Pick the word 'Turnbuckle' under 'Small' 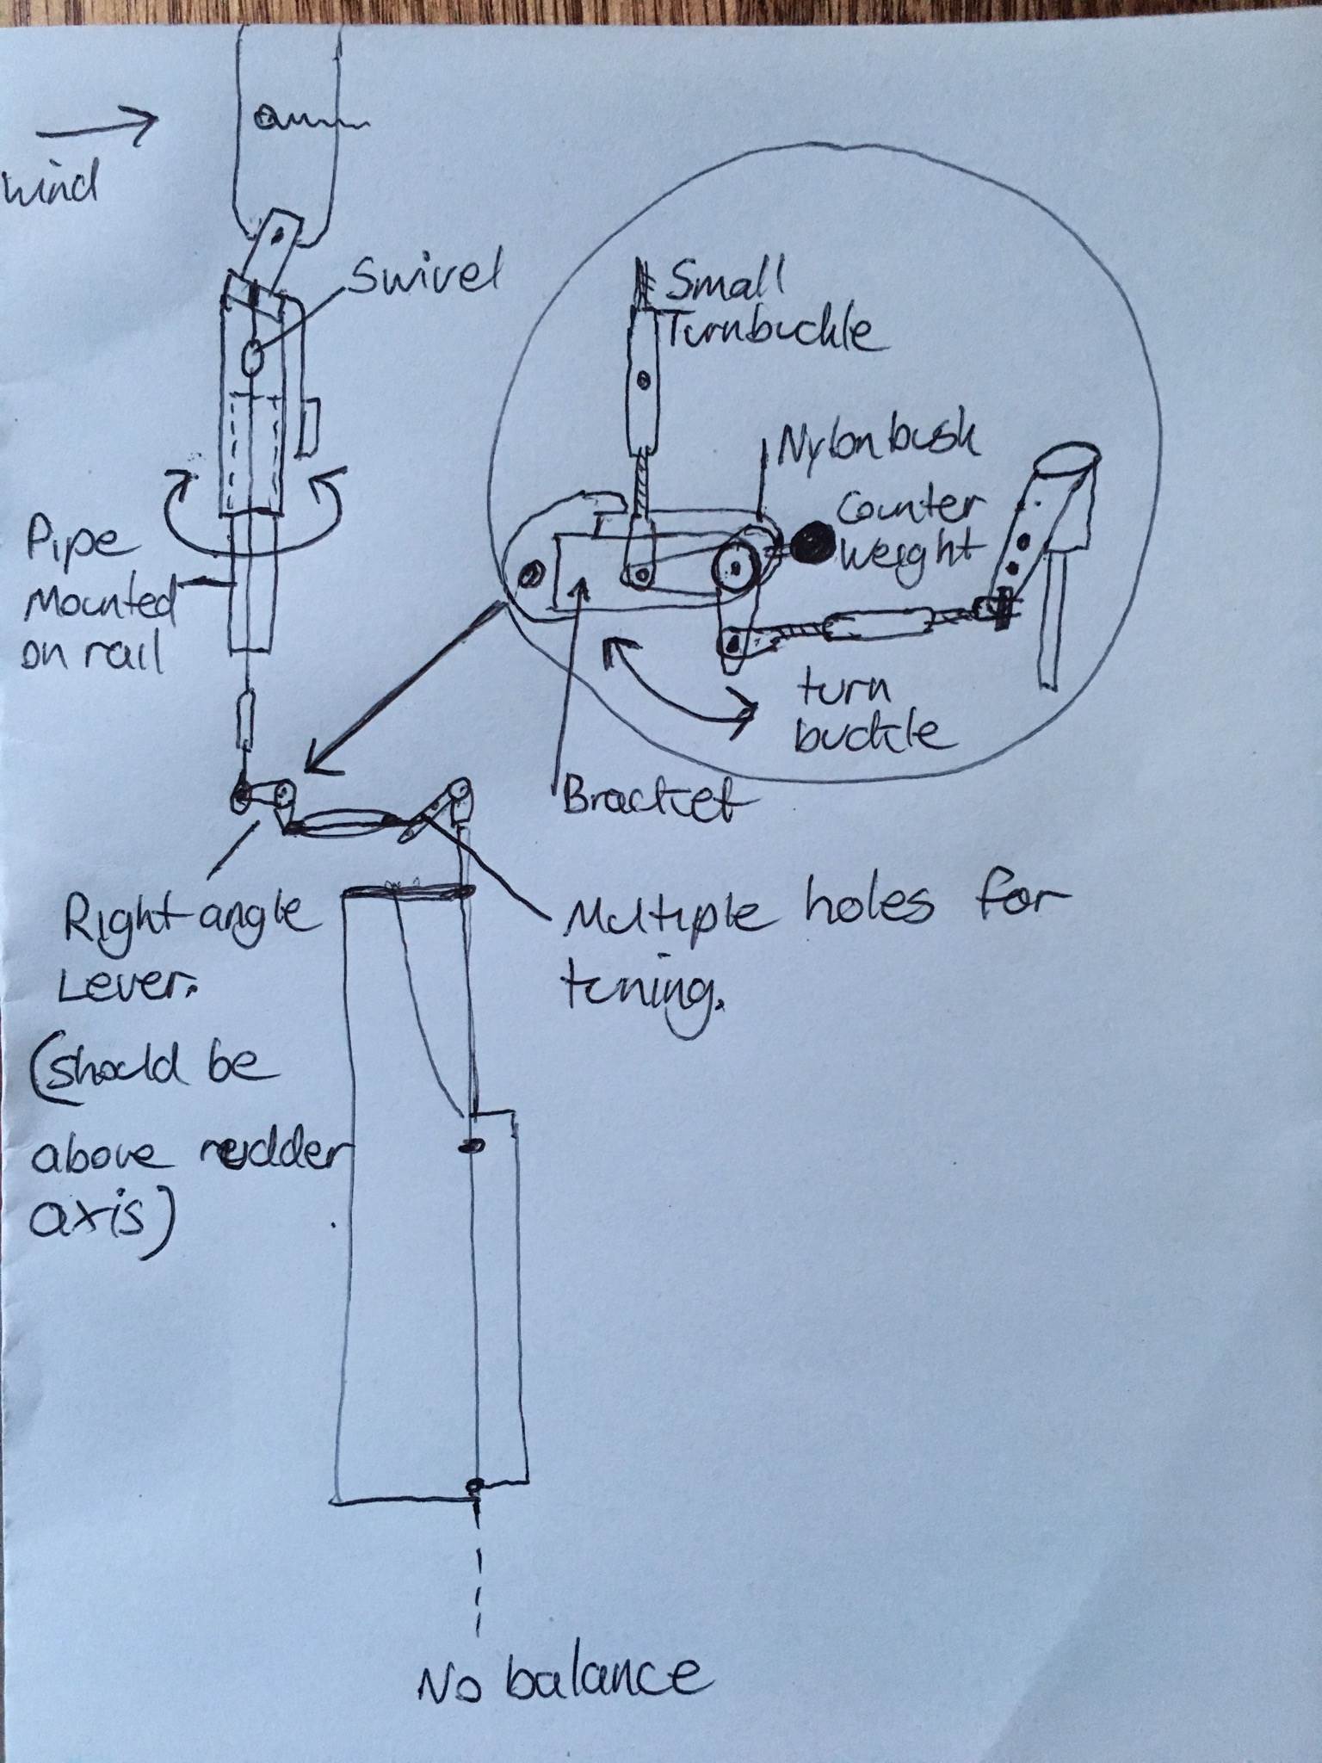[770, 332]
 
